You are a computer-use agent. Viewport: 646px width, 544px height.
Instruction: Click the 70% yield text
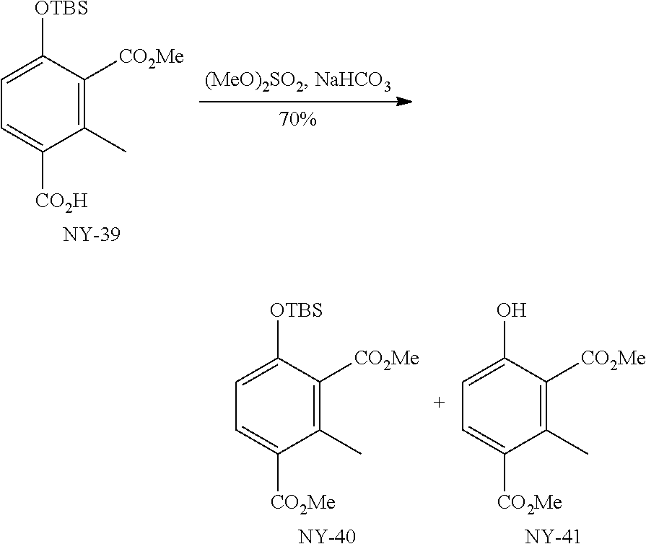click(297, 120)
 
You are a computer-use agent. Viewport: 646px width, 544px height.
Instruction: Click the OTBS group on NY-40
click(296, 311)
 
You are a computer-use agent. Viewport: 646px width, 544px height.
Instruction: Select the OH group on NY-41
click(512, 311)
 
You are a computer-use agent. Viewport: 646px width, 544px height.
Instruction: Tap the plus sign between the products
click(439, 403)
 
